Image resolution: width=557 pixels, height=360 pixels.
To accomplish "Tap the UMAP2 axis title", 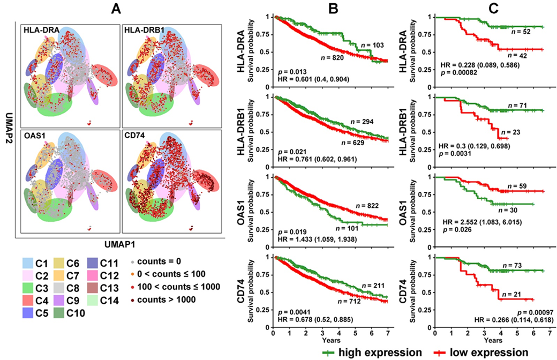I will (x=6, y=129).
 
